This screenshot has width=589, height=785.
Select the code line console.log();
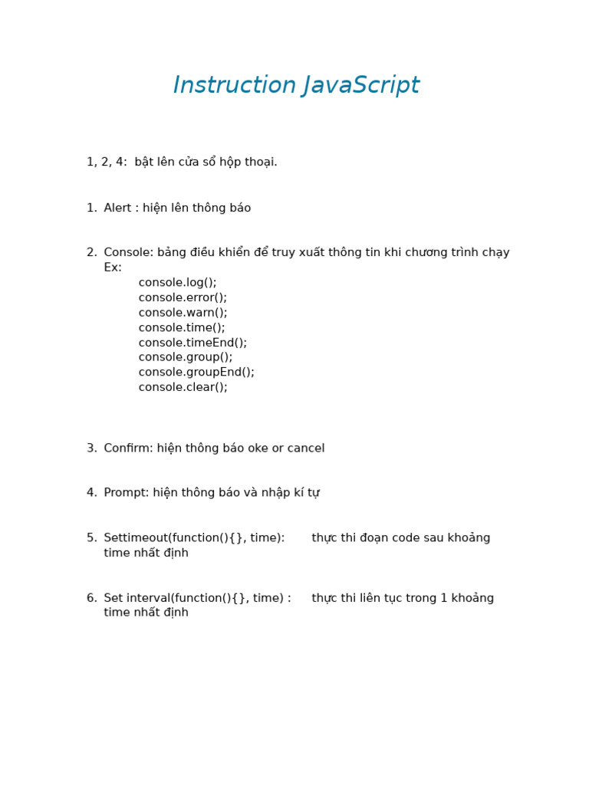177,283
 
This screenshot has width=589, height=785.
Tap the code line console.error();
183,297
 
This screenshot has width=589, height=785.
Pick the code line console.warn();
183,313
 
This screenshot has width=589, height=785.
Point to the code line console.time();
182,328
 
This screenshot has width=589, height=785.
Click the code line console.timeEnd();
192,343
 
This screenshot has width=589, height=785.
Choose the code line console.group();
185,357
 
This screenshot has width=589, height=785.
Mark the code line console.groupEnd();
196,373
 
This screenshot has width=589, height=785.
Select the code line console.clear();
183,387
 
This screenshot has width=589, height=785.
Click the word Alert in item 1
117,209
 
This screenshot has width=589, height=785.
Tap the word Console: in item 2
128,253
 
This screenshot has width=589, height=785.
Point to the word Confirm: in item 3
128,448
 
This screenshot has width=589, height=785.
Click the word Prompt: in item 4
127,493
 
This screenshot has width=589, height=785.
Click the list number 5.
91,538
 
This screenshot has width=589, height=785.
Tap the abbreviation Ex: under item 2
113,268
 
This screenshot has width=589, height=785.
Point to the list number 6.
91,598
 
